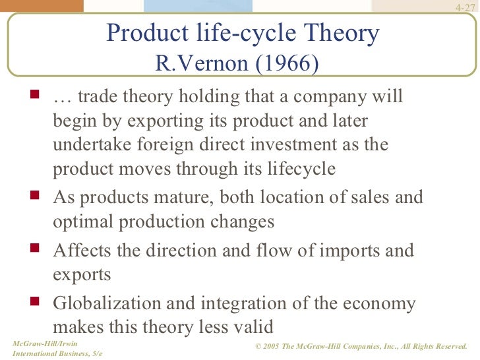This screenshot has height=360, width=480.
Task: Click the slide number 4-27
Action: pos(465,8)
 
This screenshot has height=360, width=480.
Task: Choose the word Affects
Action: pos(84,251)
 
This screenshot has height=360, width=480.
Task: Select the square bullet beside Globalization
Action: pos(35,301)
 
